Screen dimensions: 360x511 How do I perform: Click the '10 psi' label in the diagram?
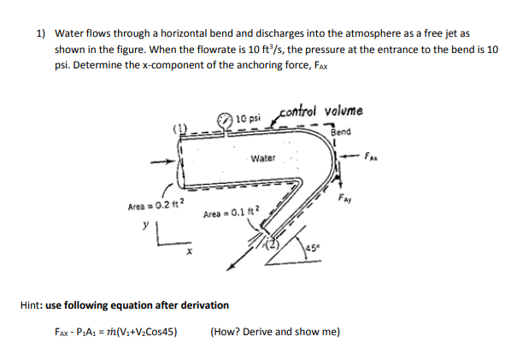point(249,117)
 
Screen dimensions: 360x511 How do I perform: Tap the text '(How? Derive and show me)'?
point(274,331)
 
